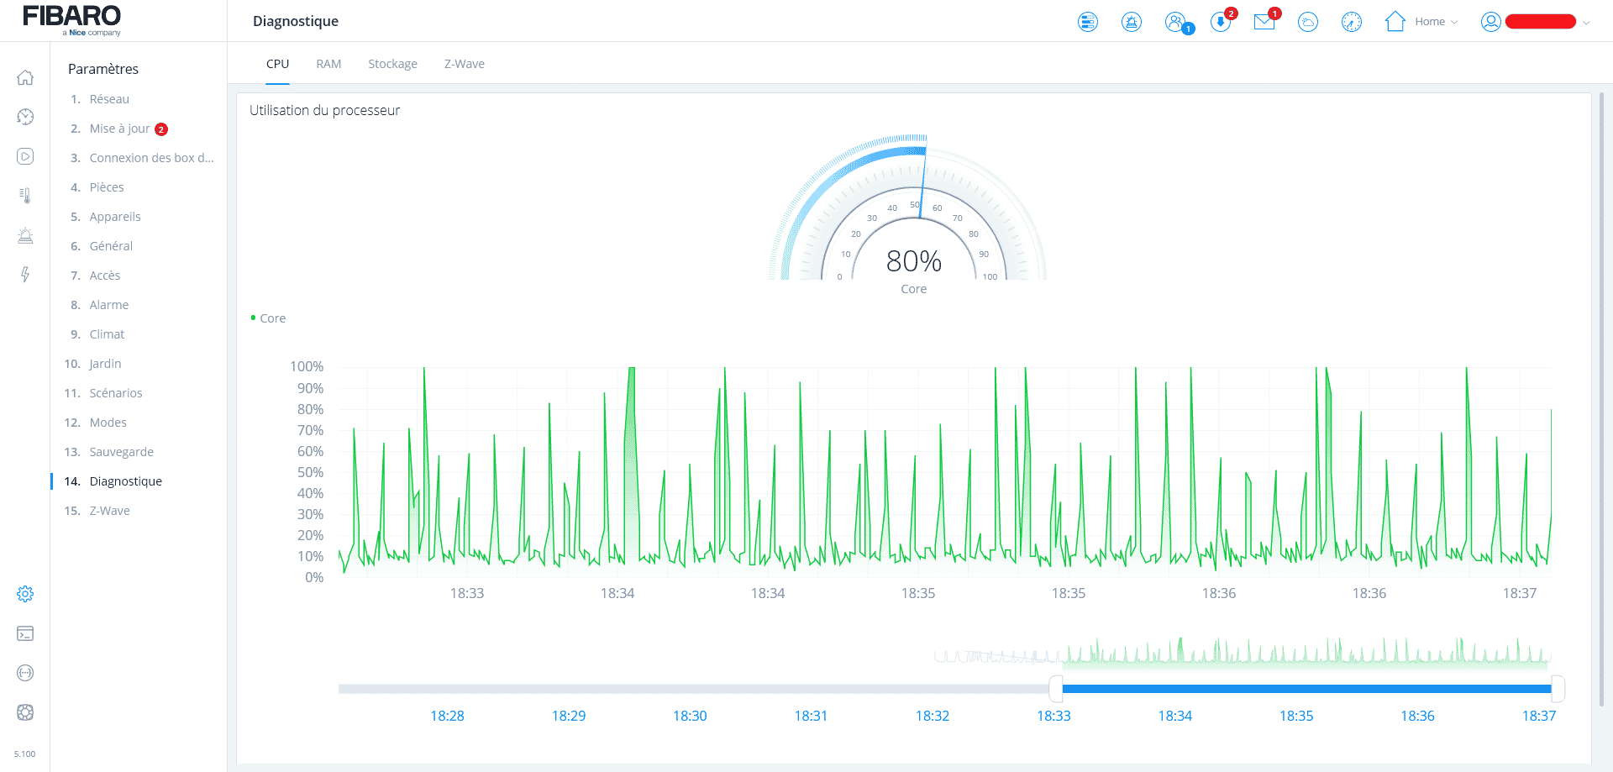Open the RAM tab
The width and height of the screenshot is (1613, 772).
328,64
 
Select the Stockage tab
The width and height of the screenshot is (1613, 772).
392,64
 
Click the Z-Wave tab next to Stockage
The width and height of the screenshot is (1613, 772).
464,64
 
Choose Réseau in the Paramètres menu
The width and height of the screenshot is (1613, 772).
109,99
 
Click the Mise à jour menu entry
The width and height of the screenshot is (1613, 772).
119,129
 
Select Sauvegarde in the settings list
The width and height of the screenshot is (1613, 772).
121,452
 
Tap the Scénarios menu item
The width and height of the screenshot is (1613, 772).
116,393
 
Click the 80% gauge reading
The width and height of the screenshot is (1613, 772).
914,261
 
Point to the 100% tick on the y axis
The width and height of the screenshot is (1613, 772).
307,367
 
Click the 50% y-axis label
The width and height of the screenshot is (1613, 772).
310,472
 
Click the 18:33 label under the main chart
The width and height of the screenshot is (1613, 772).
467,593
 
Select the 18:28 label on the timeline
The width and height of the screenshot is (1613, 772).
447,716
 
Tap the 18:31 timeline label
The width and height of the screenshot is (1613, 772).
811,716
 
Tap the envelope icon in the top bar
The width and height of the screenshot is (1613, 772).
1264,22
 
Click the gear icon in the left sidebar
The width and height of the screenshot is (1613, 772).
25,594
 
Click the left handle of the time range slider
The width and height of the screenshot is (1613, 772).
1056,689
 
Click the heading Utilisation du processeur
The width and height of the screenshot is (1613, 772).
324,110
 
